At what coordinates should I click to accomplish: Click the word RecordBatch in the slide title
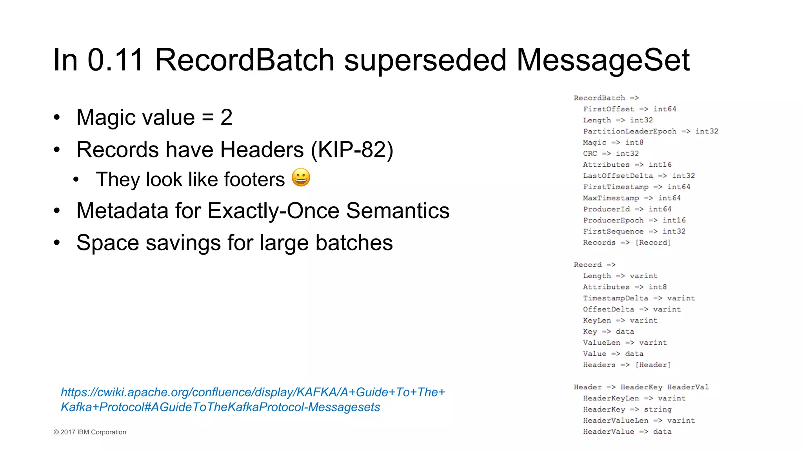[244, 60]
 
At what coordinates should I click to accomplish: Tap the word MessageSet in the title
[603, 60]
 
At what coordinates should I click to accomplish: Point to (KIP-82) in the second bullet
[352, 149]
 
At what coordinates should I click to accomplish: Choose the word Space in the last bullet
[108, 243]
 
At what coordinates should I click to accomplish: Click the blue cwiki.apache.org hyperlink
[253, 399]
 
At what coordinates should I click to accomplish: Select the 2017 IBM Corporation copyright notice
[90, 432]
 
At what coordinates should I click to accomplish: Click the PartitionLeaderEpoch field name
[630, 131]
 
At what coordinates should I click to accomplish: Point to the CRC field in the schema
[590, 153]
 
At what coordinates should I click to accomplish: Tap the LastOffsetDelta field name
[618, 176]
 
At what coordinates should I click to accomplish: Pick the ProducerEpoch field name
[613, 220]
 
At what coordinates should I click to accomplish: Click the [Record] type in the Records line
[653, 242]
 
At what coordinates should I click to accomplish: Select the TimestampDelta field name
[616, 298]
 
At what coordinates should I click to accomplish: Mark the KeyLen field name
[597, 320]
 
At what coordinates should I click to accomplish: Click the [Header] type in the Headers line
[653, 365]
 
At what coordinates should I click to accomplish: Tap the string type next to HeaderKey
[658, 409]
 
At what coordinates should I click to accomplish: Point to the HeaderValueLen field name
[616, 421]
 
